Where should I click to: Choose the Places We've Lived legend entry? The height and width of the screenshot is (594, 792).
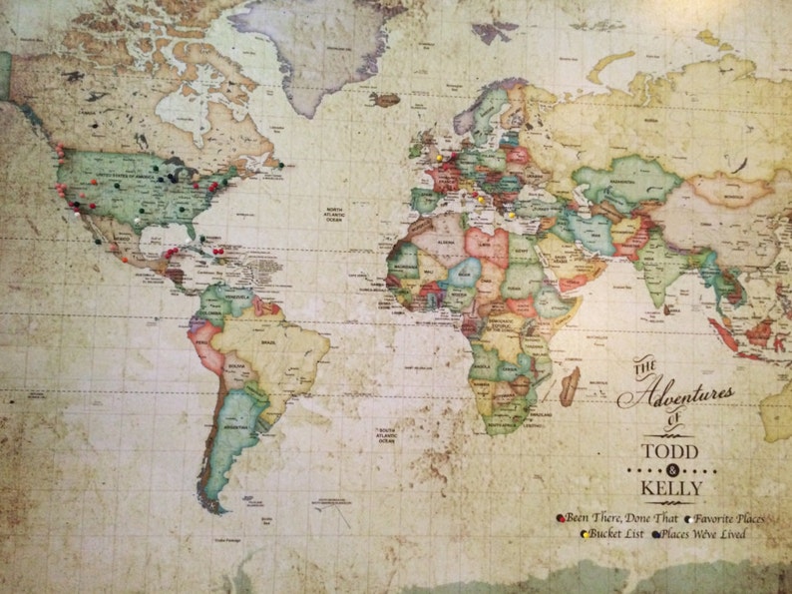click(704, 534)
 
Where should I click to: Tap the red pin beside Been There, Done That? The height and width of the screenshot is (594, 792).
click(561, 518)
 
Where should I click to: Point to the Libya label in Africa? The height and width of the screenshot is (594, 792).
click(487, 242)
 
